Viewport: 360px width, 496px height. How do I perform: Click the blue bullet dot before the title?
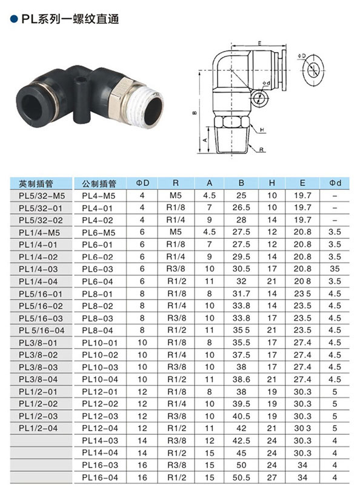pyautogui.click(x=14, y=19)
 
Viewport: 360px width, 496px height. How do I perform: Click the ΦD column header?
pyautogui.click(x=142, y=183)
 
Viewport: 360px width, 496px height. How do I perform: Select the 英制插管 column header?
pyautogui.click(x=36, y=184)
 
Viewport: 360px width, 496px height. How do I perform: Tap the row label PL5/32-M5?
pyautogui.click(x=41, y=196)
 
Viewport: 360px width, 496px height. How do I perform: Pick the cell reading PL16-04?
pyautogui.click(x=100, y=477)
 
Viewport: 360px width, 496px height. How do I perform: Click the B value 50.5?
pyautogui.click(x=241, y=477)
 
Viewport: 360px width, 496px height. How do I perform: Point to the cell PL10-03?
pyautogui.click(x=100, y=367)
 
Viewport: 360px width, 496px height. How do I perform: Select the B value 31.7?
pyautogui.click(x=241, y=293)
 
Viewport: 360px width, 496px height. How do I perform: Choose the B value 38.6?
pyautogui.click(x=241, y=379)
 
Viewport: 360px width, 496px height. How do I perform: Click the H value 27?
pyautogui.click(x=272, y=477)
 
